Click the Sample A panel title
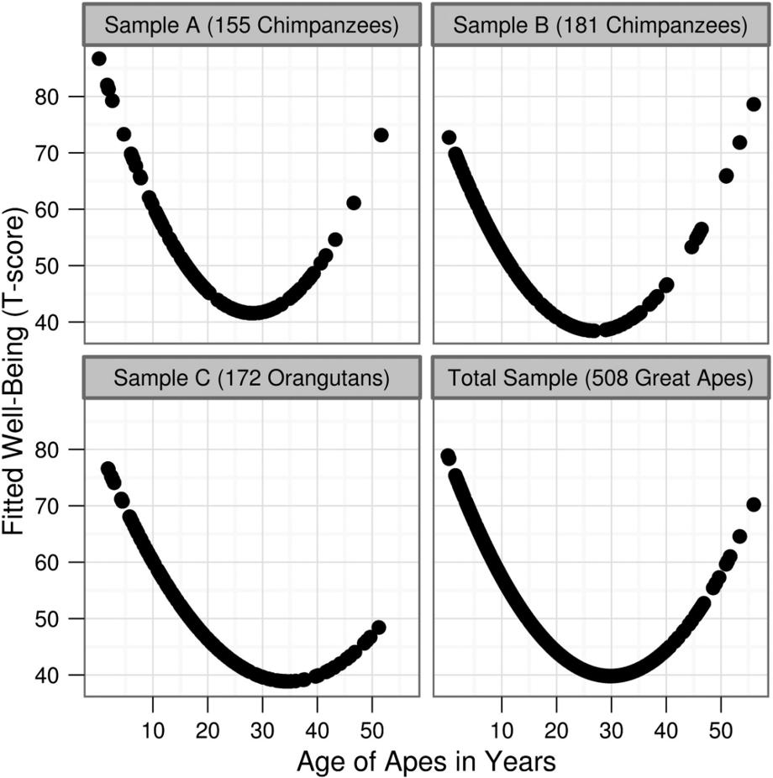pyautogui.click(x=251, y=25)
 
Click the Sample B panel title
pyautogui.click(x=600, y=25)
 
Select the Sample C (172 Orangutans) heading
pyautogui.click(x=251, y=378)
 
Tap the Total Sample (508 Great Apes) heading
pyautogui.click(x=600, y=378)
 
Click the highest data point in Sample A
pyautogui.click(x=98, y=59)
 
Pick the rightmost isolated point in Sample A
pyautogui.click(x=381, y=135)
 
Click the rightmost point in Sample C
pyautogui.click(x=378, y=628)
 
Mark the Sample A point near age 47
pyautogui.click(x=354, y=202)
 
